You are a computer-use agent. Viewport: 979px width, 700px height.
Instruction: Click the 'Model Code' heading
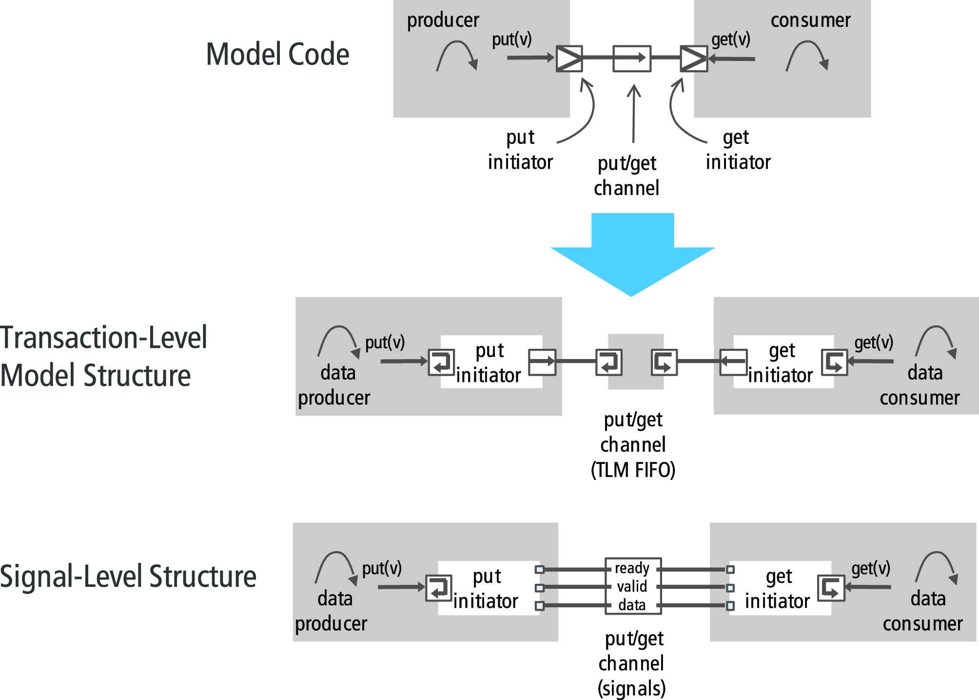[277, 54]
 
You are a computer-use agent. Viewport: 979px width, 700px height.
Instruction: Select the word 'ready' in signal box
[632, 568]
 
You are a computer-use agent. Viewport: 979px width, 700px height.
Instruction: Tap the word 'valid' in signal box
[632, 586]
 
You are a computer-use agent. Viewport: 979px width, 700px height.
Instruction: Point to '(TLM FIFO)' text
[633, 470]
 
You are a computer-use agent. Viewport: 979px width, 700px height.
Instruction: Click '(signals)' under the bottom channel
[632, 688]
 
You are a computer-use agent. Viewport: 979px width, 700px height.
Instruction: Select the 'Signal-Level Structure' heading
[128, 577]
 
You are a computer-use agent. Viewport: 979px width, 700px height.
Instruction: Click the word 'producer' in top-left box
[443, 20]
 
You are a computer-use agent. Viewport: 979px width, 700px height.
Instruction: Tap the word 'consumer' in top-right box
[810, 20]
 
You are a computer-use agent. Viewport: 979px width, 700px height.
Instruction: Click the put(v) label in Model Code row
[511, 40]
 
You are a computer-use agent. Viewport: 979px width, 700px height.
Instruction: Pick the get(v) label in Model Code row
[730, 40]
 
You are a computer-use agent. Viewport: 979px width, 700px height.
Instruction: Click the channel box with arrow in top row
[632, 59]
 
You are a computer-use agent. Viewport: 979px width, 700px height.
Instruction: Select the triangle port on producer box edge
[569, 59]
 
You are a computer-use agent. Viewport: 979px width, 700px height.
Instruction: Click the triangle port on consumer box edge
[694, 59]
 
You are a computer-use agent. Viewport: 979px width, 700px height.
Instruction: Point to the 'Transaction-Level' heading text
[103, 338]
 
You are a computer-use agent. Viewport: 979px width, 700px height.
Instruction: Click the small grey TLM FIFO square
[636, 361]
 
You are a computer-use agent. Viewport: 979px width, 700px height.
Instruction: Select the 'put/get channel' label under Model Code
[627, 176]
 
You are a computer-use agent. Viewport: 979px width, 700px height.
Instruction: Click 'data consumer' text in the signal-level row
[922, 611]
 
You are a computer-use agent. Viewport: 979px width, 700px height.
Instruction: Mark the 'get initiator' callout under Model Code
[738, 150]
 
